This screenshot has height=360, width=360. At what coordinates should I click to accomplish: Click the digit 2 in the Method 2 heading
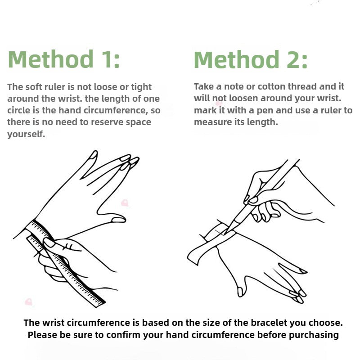[x=293, y=60]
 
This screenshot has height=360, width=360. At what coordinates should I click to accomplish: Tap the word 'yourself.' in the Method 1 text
[x=26, y=134]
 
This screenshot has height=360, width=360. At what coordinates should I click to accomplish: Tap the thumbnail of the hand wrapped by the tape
[x=118, y=220]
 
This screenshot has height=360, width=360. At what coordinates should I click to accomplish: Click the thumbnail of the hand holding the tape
[x=49, y=243]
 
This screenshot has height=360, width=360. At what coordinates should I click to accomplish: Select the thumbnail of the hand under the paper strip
[x=240, y=292]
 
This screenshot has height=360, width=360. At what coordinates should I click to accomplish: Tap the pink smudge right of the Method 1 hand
[x=125, y=203]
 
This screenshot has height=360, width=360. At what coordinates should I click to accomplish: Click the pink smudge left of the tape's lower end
[x=28, y=301]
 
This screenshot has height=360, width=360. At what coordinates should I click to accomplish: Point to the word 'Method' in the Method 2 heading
[x=237, y=60]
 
